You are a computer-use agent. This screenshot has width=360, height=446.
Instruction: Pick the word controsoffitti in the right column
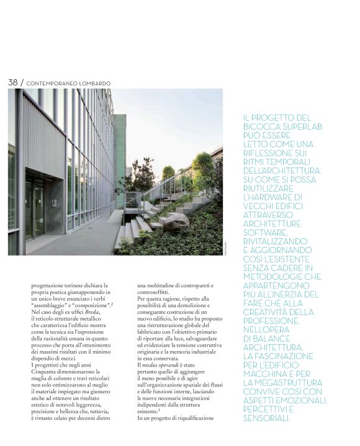pyautogui.click(x=158, y=291)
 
